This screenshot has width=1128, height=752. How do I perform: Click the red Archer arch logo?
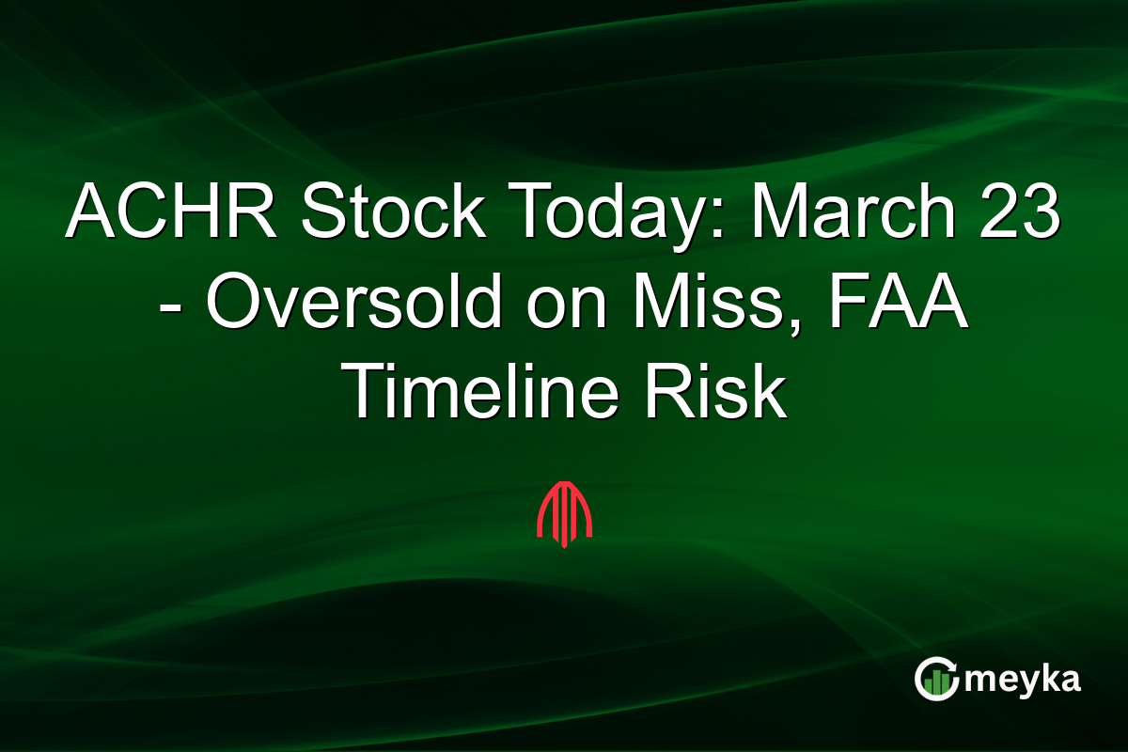tap(564, 513)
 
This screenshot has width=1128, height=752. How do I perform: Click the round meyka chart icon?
tap(936, 679)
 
